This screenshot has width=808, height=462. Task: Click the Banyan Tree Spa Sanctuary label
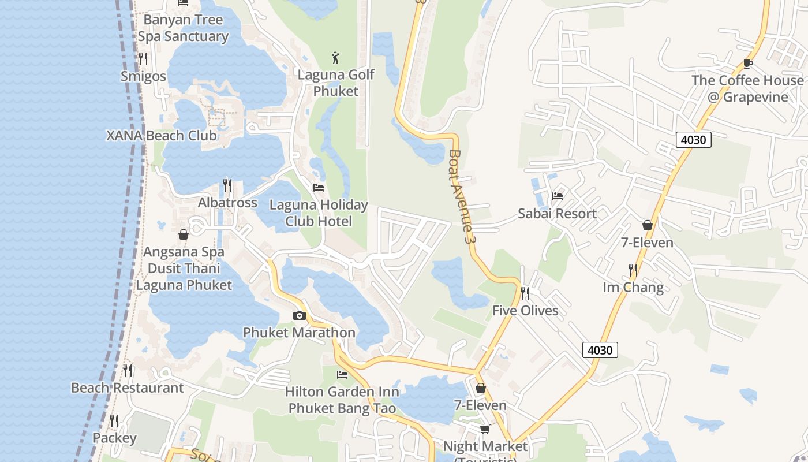tap(183, 28)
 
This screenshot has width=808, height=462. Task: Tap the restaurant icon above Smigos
tap(143, 59)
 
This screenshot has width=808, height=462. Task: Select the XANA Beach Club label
tap(162, 136)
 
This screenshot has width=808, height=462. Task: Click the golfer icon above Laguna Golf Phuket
tap(336, 57)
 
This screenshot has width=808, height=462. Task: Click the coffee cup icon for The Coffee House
tap(748, 64)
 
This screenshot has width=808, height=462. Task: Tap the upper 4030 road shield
tap(693, 140)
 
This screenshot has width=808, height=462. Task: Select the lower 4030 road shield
tap(600, 350)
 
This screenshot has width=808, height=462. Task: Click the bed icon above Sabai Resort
tap(558, 196)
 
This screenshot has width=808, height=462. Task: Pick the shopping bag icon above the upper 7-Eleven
tap(648, 225)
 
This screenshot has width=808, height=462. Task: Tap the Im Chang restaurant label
tap(633, 288)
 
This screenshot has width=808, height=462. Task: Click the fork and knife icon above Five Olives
tap(525, 293)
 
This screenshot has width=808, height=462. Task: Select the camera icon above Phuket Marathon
tap(299, 315)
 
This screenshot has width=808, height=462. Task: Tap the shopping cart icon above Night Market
tap(485, 429)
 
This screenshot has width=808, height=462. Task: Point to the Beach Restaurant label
tap(127, 388)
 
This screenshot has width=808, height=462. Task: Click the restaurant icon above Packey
tap(114, 421)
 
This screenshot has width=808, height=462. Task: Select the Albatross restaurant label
tap(227, 203)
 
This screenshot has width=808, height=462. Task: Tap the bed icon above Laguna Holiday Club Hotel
tap(319, 188)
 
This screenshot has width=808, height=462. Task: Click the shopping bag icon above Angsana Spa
tap(184, 234)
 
